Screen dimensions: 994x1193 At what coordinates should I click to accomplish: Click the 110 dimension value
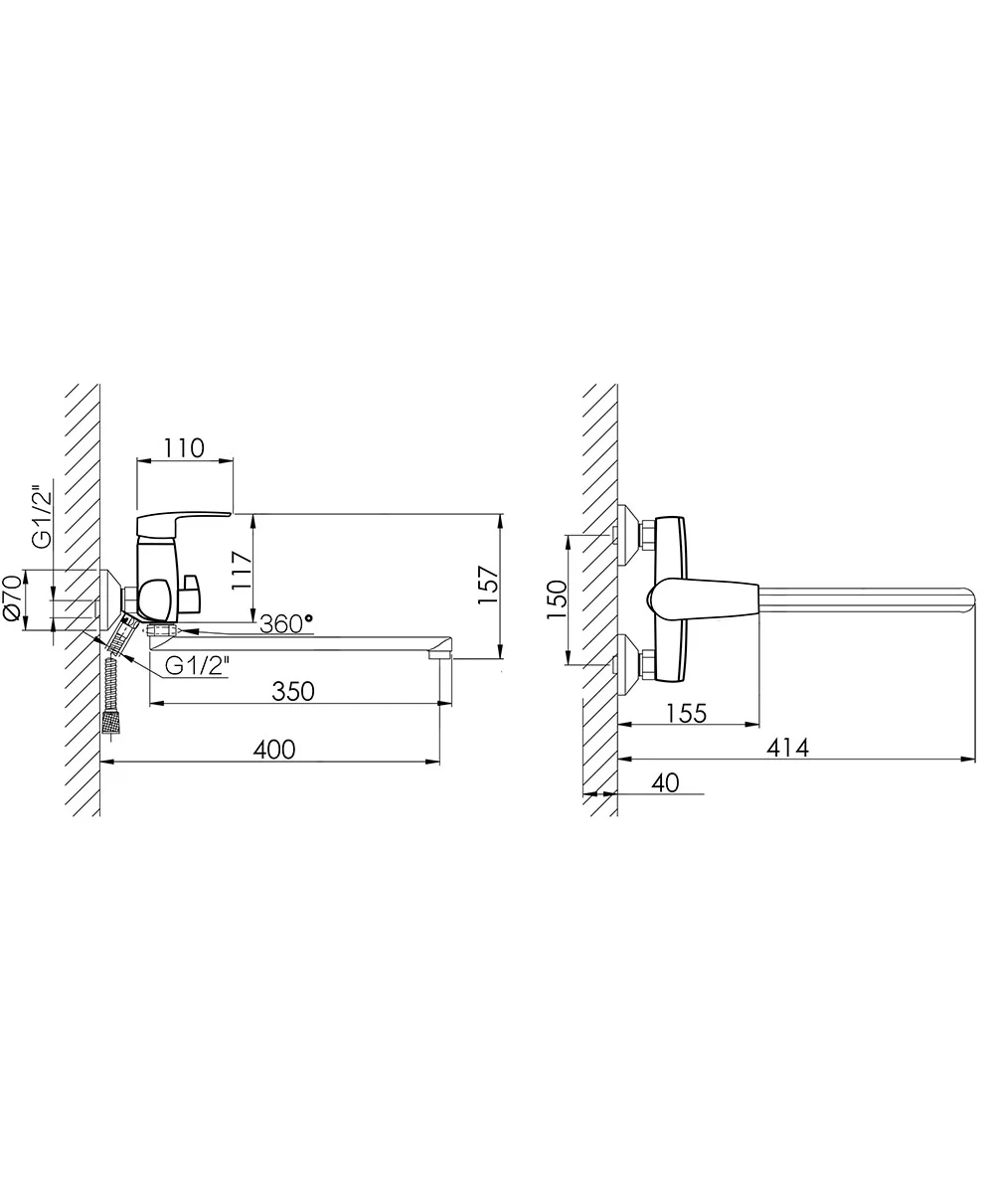click(x=184, y=448)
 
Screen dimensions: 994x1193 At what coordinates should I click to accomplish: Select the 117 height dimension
click(x=243, y=571)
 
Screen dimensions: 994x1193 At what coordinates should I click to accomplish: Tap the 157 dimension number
click(x=489, y=586)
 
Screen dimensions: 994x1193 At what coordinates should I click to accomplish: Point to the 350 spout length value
click(x=293, y=692)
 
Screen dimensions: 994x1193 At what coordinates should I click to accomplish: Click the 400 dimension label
click(x=274, y=750)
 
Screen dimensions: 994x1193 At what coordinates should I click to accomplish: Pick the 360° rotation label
click(x=286, y=624)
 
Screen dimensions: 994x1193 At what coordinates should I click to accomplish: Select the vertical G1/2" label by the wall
click(x=41, y=518)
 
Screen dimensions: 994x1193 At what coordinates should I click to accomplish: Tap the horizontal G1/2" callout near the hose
click(x=197, y=666)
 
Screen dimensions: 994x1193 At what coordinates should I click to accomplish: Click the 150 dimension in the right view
click(x=557, y=599)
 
